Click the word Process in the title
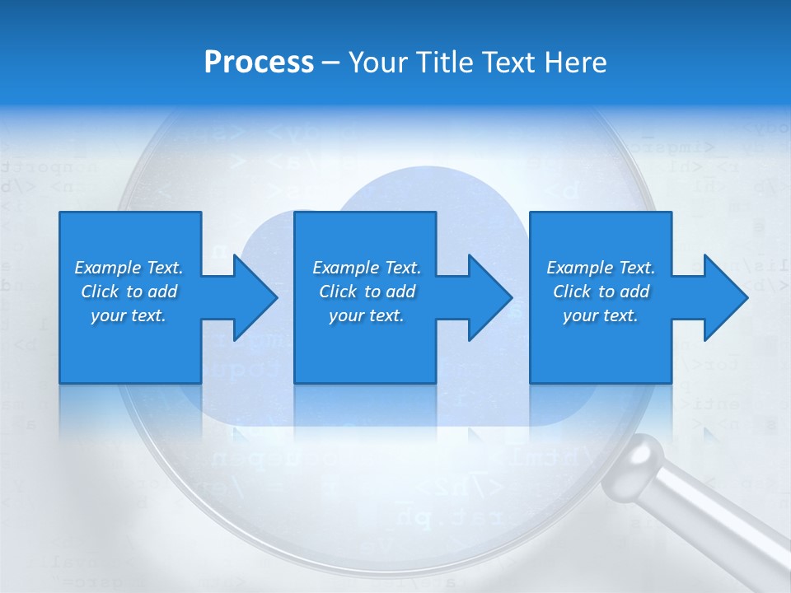[259, 63]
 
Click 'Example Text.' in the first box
[129, 268]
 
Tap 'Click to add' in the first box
[129, 292]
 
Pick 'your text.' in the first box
[129, 315]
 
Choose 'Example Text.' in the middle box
[367, 268]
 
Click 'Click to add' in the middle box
[367, 292]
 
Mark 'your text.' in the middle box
[367, 315]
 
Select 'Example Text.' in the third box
[601, 268]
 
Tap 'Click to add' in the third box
[601, 292]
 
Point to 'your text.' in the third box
[601, 315]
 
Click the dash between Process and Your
[330, 63]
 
